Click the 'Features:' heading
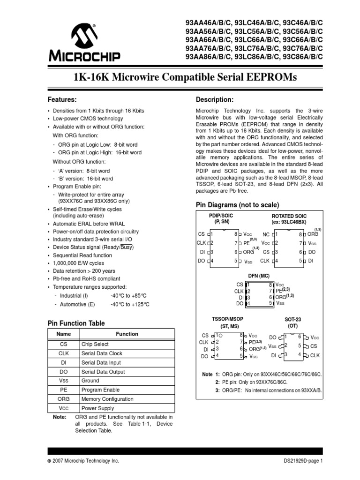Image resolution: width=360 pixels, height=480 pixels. tap(63, 100)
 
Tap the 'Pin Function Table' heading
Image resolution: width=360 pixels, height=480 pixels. tap(76, 323)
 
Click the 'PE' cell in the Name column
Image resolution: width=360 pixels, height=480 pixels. tap(63, 390)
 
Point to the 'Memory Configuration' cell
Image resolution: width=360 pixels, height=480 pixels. tap(106, 399)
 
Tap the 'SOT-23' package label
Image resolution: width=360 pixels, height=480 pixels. tap(292, 319)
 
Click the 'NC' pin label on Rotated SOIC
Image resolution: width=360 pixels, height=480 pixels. tap(266, 233)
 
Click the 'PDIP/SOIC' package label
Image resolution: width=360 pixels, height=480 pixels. tap(220, 215)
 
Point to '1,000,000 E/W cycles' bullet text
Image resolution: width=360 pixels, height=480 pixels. tap(79, 263)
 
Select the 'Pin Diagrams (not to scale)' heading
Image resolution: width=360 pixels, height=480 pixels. tap(237, 205)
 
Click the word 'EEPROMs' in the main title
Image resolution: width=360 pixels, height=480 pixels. tap(269, 78)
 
